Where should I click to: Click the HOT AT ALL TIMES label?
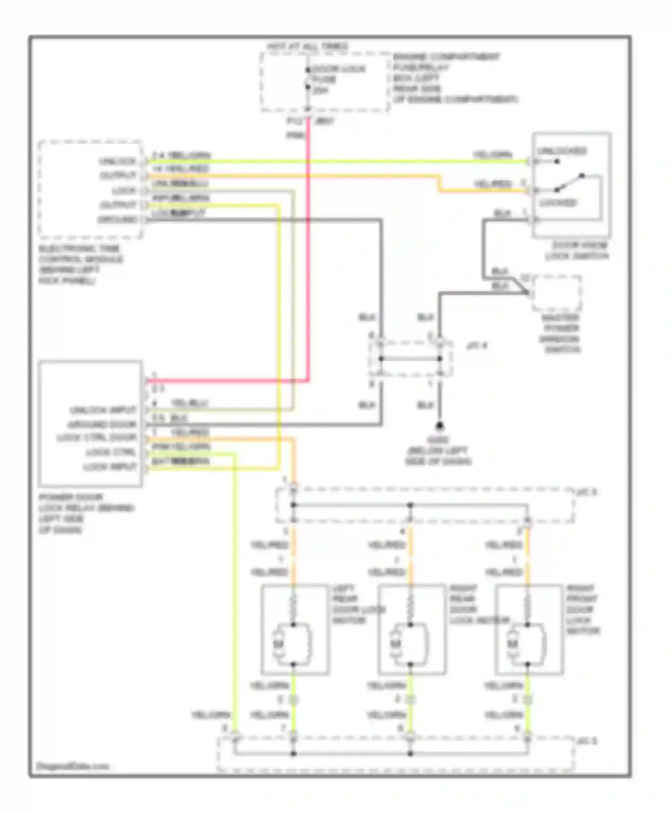307,47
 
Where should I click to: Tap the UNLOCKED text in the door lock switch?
562,151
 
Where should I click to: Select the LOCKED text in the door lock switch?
557,203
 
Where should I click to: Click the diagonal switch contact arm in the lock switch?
569,182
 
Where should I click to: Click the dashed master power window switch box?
556,294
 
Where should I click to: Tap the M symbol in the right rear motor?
395,644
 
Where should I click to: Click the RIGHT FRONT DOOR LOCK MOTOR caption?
582,610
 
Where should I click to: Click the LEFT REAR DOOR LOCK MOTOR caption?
354,604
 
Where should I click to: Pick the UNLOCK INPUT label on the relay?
103,410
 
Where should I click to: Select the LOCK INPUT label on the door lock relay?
110,467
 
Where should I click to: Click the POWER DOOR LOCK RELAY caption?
85,513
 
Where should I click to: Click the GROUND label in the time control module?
117,220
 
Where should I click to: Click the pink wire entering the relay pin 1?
224,381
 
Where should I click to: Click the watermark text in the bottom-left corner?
73,766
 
